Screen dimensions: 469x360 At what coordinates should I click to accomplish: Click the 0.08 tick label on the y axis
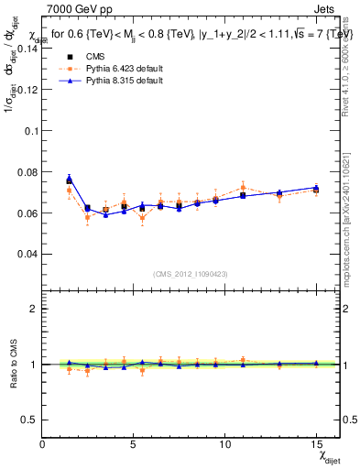point(27,172)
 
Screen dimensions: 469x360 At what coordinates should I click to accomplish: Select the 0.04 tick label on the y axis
point(27,254)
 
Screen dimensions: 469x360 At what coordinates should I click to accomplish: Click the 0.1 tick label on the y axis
point(31,131)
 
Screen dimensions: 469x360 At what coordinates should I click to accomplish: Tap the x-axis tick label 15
point(315,445)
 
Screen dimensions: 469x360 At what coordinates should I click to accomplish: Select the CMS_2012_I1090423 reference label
point(191,274)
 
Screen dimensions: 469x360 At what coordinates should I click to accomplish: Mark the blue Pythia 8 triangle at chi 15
point(315,188)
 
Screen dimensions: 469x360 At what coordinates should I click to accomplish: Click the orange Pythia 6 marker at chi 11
point(243,187)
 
